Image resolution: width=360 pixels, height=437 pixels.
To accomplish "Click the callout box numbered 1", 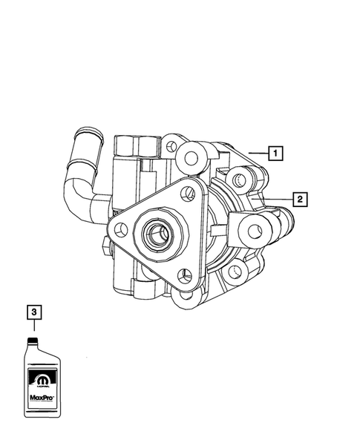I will click(275, 154).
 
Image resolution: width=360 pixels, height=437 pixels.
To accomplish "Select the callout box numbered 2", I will click(299, 199).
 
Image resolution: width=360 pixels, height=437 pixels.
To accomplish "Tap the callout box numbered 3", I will click(33, 312).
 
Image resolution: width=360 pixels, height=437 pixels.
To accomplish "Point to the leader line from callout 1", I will click(257, 153).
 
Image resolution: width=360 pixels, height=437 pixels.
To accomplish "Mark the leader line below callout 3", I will click(33, 327).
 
